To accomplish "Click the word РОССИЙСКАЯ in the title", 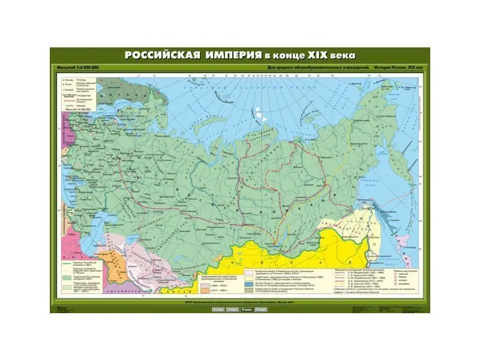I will tap(161, 55).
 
